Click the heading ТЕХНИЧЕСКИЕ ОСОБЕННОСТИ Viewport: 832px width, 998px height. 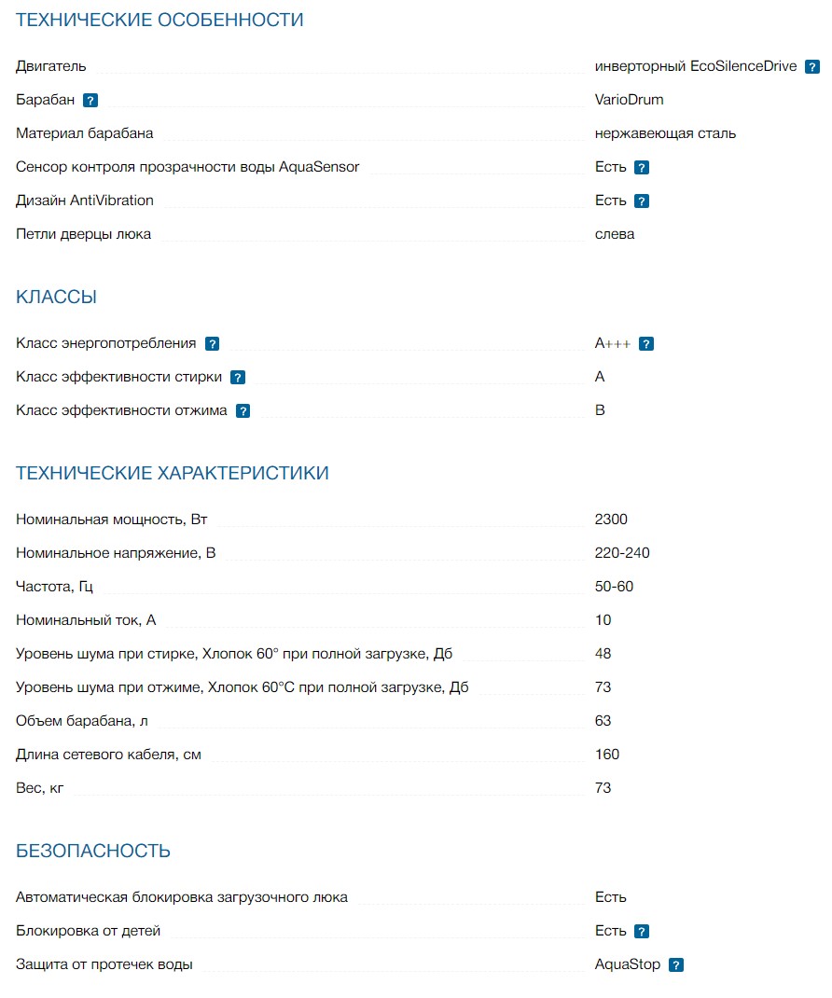pos(159,20)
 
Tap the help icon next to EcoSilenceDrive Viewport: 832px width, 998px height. pos(812,67)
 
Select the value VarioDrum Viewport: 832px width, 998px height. pos(629,100)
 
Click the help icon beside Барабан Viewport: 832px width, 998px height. pos(90,101)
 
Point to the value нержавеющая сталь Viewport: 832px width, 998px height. pos(665,133)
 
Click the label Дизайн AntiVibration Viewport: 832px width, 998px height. pos(85,201)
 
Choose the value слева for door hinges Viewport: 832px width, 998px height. pos(615,234)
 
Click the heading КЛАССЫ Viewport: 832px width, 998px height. pos(56,298)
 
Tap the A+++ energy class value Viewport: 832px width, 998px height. pos(613,343)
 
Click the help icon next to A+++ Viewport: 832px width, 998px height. pos(646,344)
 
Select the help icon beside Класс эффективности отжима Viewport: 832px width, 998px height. pos(243,411)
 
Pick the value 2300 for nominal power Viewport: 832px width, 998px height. pos(611,520)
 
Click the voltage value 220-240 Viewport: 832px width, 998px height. pos(622,553)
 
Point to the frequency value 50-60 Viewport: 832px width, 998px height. pos(614,587)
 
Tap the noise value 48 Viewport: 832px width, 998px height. pos(603,654)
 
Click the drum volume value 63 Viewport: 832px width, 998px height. pos(603,721)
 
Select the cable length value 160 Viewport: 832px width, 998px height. pos(607,755)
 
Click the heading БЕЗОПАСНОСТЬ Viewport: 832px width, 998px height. pos(93,851)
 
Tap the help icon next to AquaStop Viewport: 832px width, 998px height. pos(676,965)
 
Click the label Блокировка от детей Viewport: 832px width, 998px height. pos(89,931)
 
